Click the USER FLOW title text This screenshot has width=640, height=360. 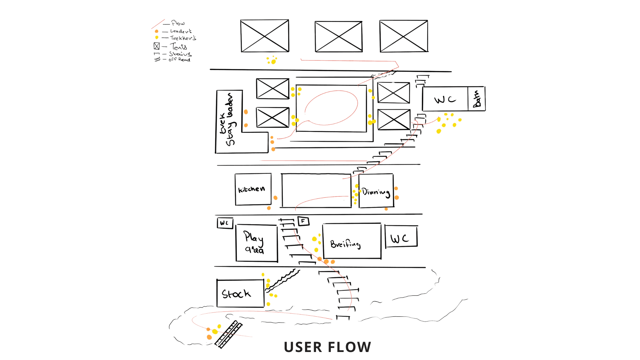(327, 347)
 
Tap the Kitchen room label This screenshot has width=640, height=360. (252, 189)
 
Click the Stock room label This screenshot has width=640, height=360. (236, 294)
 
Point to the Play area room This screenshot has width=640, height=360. (256, 243)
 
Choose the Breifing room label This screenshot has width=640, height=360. (345, 244)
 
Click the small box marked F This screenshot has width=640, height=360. (303, 221)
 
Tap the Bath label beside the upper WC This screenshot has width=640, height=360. (477, 99)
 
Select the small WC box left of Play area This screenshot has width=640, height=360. (225, 223)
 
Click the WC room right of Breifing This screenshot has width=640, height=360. (401, 237)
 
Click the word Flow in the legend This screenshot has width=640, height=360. (178, 23)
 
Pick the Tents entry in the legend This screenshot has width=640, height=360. (178, 47)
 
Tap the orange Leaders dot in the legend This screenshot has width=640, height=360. (157, 31)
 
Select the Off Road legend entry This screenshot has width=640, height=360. (179, 60)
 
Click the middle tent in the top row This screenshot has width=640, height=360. (338, 36)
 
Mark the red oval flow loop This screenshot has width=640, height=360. (331, 107)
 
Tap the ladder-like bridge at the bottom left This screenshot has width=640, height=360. (229, 334)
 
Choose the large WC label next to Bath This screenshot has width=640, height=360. (445, 99)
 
